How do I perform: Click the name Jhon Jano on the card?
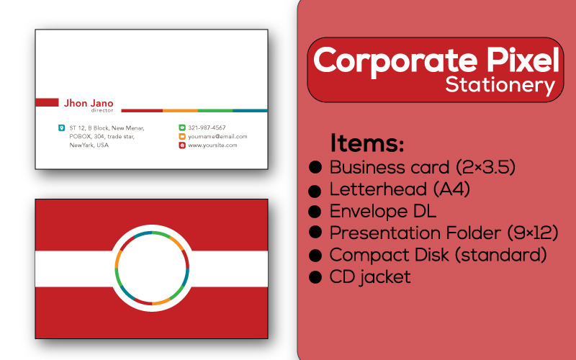pyautogui.click(x=89, y=103)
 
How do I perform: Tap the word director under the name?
pyautogui.click(x=102, y=110)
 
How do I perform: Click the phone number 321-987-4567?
pyautogui.click(x=207, y=127)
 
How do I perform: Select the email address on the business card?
pyautogui.click(x=217, y=136)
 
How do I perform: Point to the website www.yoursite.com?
pyautogui.click(x=212, y=145)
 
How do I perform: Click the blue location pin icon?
pyautogui.click(x=61, y=127)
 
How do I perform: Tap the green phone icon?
pyautogui.click(x=182, y=127)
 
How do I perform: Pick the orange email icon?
pyautogui.click(x=182, y=136)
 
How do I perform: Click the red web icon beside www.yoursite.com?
pyautogui.click(x=182, y=145)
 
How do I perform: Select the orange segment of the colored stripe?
pyautogui.click(x=180, y=110)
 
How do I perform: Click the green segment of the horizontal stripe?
pyautogui.click(x=215, y=110)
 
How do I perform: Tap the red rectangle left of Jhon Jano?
pyautogui.click(x=47, y=102)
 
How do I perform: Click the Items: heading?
pyautogui.click(x=367, y=143)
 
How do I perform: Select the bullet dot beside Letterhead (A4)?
pyautogui.click(x=315, y=191)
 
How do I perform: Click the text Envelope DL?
pyautogui.click(x=382, y=212)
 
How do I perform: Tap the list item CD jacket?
pyautogui.click(x=370, y=276)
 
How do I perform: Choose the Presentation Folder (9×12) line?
pyautogui.click(x=444, y=233)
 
